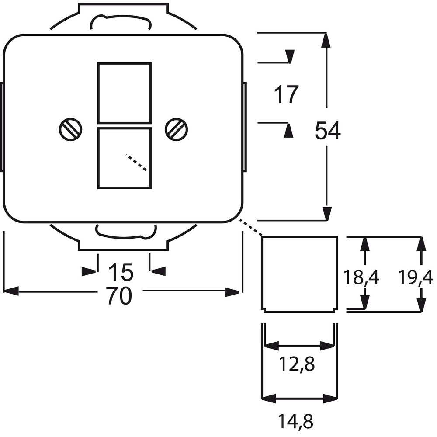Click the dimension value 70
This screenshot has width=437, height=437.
(x=119, y=296)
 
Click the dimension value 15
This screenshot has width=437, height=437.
(x=121, y=272)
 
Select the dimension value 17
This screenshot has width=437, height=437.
(x=286, y=94)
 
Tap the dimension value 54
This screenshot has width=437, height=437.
(x=328, y=130)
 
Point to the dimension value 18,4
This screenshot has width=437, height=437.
(x=361, y=277)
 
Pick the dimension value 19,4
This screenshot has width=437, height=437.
(x=416, y=277)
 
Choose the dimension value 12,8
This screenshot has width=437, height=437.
(x=297, y=364)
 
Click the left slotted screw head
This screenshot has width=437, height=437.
(x=70, y=129)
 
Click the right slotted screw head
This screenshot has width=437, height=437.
(x=177, y=129)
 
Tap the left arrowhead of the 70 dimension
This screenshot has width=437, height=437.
(x=10, y=291)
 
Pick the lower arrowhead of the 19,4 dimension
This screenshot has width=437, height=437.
(x=421, y=304)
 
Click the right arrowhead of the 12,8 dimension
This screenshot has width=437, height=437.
(x=327, y=346)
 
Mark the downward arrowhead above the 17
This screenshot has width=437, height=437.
(x=290, y=56)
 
